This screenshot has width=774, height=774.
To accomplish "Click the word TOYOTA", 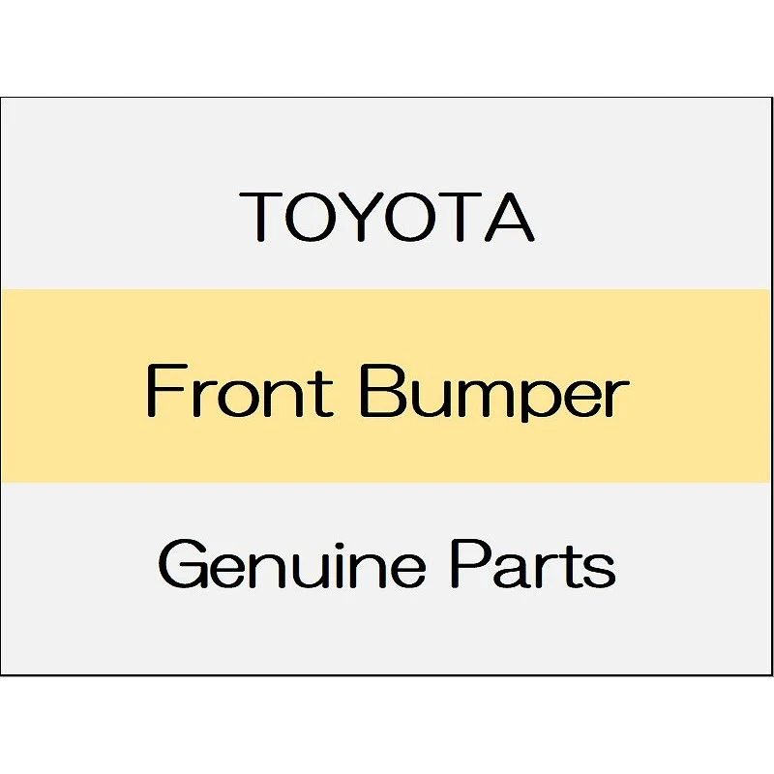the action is click(386, 217).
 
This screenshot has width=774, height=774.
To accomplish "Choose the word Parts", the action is click(533, 564).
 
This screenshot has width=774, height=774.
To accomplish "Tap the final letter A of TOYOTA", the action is click(510, 217).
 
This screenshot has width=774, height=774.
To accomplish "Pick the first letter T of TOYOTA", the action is click(261, 217).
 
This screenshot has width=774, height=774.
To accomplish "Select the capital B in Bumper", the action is click(382, 391).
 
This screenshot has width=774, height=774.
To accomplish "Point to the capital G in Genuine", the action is click(182, 564).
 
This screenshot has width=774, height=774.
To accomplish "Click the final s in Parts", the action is click(598, 570).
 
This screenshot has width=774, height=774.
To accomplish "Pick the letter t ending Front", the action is click(324, 394).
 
